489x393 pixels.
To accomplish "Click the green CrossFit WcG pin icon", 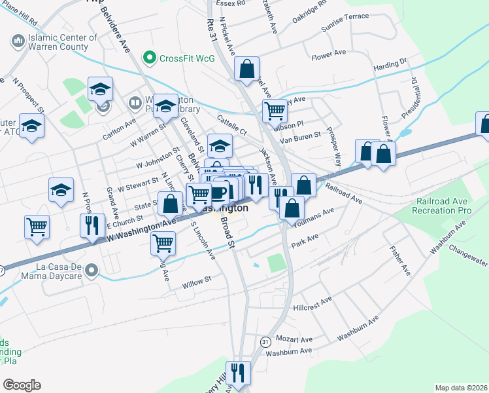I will [x=150, y=58].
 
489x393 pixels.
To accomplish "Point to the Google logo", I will [x=22, y=385].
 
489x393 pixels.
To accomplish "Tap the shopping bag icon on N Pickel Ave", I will [x=247, y=69].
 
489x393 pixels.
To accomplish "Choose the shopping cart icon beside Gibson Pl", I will [x=275, y=111].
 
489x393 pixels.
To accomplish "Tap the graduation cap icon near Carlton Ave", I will [x=101, y=88].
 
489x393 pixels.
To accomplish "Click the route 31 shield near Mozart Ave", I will [x=265, y=342].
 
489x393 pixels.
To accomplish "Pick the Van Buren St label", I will [x=300, y=138].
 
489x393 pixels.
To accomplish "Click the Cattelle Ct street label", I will [x=233, y=122].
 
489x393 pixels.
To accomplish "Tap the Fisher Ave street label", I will [x=398, y=259].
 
